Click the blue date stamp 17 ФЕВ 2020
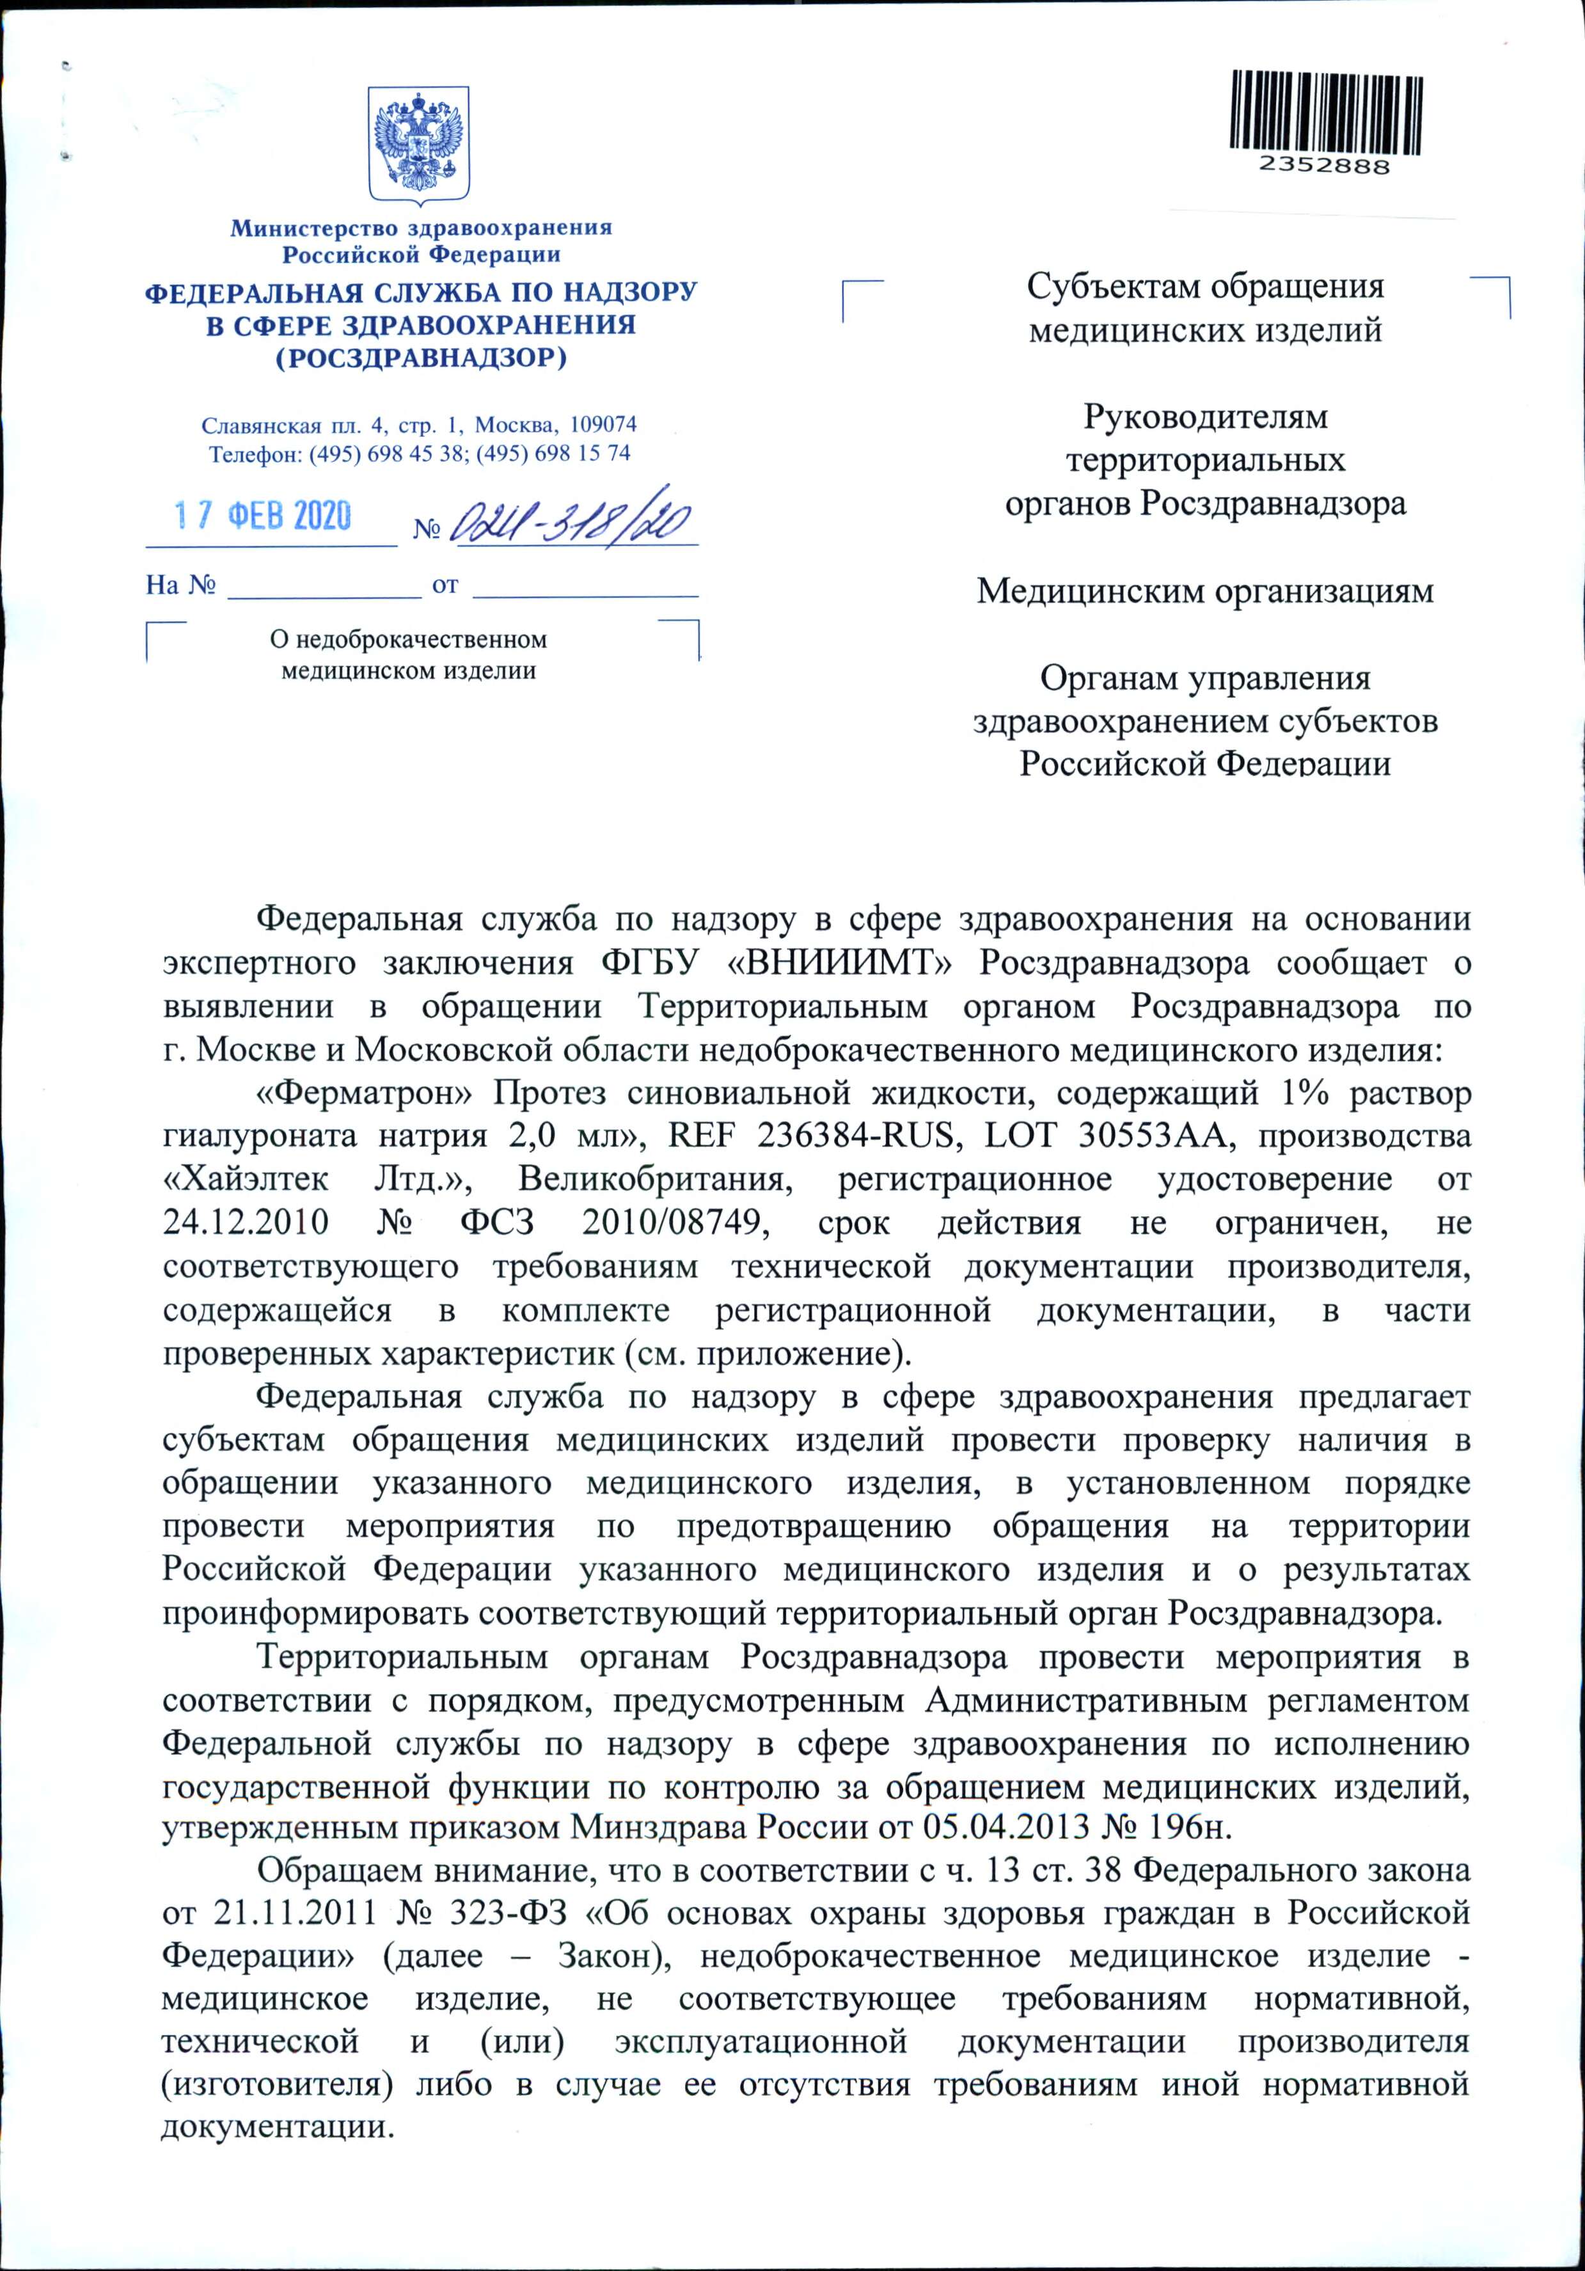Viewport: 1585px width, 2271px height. click(x=263, y=516)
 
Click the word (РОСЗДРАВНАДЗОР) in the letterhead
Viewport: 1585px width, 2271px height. click(x=420, y=357)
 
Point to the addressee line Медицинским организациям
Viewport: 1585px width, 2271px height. click(x=1204, y=592)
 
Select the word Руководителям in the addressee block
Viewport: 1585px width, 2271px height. click(x=1204, y=416)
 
